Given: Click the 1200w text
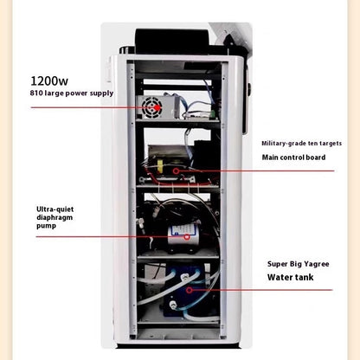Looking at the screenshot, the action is [49, 81].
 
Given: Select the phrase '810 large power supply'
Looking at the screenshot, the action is [72, 93].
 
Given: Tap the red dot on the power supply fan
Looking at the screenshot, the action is [157, 108].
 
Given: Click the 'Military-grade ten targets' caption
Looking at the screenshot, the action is [301, 144].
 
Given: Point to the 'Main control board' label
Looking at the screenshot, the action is [293, 157].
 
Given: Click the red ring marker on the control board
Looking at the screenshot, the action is [176, 170].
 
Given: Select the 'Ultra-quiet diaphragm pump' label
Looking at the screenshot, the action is [55, 217].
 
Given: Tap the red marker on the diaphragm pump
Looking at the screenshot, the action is [187, 237].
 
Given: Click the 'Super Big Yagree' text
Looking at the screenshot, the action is [298, 264].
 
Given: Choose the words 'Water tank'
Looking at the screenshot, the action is [290, 278].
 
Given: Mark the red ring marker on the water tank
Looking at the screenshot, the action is [189, 290].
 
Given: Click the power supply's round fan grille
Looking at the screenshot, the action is [152, 108].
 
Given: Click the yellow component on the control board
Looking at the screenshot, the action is [159, 167].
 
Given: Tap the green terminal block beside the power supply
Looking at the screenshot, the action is [213, 114].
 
